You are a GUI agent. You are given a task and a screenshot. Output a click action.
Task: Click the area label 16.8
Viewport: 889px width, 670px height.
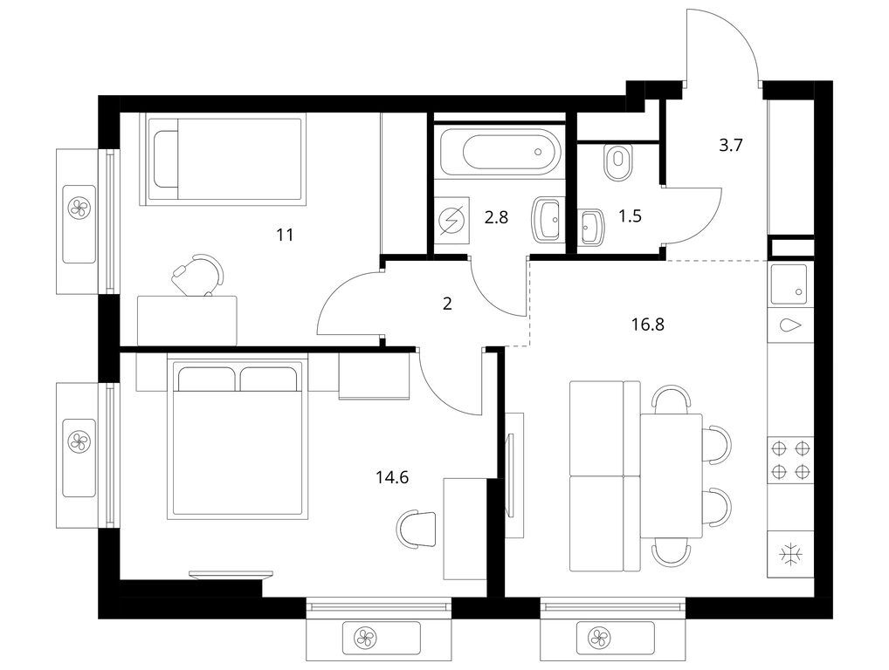pyautogui.click(x=647, y=325)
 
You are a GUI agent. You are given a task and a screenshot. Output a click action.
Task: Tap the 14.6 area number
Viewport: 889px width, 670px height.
pyautogui.click(x=392, y=477)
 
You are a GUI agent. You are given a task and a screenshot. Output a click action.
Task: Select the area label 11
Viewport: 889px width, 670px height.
pyautogui.click(x=285, y=234)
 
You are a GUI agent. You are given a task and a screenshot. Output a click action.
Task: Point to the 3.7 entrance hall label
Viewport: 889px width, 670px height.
pyautogui.click(x=731, y=146)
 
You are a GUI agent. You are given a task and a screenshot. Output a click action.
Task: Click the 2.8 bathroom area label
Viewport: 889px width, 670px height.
pyautogui.click(x=496, y=216)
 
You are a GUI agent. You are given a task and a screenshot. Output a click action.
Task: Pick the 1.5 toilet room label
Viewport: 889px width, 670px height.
pyautogui.click(x=630, y=215)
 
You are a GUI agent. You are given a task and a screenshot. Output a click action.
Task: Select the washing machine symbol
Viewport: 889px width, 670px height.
pyautogui.click(x=452, y=220)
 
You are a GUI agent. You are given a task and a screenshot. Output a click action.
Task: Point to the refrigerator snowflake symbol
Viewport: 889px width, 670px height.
pyautogui.click(x=789, y=555)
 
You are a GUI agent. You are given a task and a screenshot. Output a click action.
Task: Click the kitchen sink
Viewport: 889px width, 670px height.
pyautogui.click(x=788, y=284)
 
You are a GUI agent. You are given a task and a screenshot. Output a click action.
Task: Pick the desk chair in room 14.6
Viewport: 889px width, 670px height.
pyautogui.click(x=417, y=529)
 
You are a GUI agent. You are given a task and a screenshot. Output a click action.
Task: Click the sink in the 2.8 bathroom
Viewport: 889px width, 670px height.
pyautogui.click(x=548, y=220)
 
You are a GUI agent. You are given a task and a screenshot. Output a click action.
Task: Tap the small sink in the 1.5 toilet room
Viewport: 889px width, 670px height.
pyautogui.click(x=592, y=227)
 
